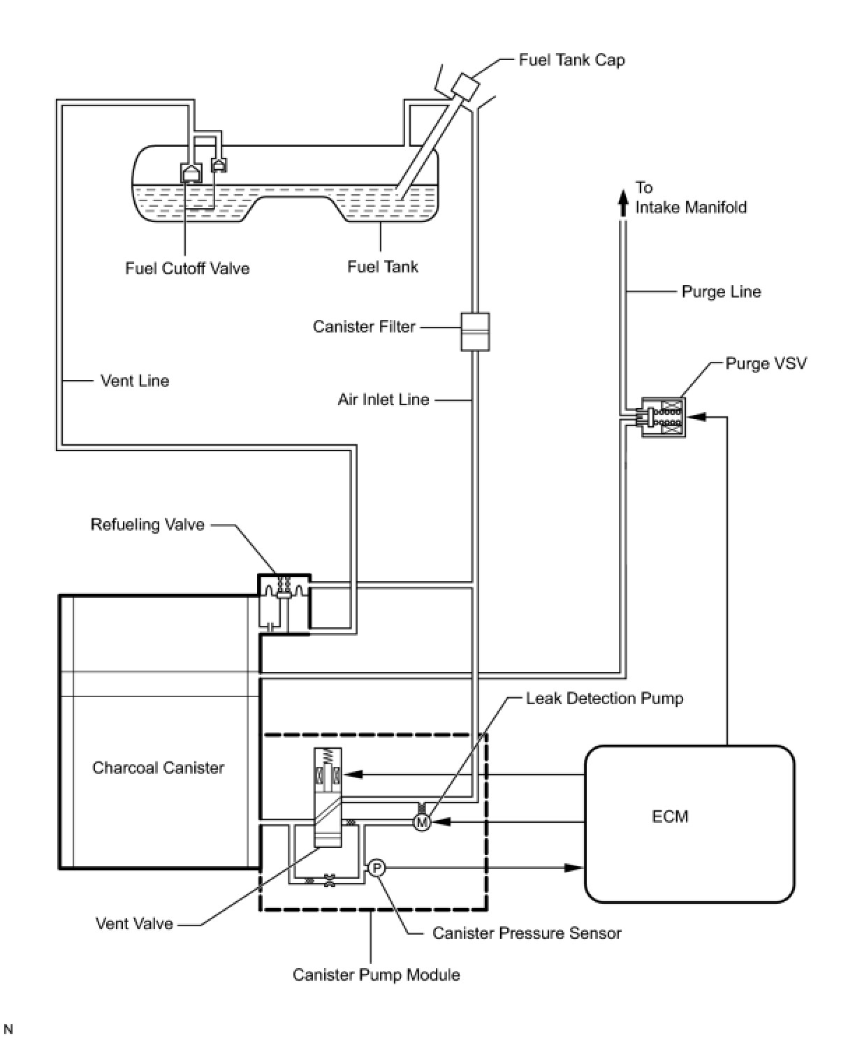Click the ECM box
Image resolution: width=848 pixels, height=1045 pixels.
[x=689, y=824]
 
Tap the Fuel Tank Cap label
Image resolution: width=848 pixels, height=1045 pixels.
[x=571, y=60]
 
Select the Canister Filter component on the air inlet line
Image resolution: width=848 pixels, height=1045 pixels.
[x=475, y=331]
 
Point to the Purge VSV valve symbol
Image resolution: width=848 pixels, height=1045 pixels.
[x=664, y=418]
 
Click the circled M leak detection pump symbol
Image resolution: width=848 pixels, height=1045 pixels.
[x=422, y=822]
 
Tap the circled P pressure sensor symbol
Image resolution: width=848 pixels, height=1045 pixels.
[x=376, y=868]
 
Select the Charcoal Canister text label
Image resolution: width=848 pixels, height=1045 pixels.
[x=159, y=768]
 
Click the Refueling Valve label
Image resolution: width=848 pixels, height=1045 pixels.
[x=147, y=525]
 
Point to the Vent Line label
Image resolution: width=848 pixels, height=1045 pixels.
[x=135, y=381]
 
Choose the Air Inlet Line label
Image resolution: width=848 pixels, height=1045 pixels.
[x=383, y=400]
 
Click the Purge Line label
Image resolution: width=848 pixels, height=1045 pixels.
[x=721, y=292]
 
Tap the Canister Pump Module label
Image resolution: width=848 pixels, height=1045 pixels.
[x=376, y=974]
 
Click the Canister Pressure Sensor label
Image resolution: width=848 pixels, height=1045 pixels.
[x=527, y=933]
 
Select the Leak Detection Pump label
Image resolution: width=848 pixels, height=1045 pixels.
[x=604, y=699]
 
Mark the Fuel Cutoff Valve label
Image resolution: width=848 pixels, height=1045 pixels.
[x=187, y=268]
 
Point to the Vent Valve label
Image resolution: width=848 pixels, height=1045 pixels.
[x=134, y=923]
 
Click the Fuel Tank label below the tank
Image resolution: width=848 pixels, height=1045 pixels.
[x=383, y=267]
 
